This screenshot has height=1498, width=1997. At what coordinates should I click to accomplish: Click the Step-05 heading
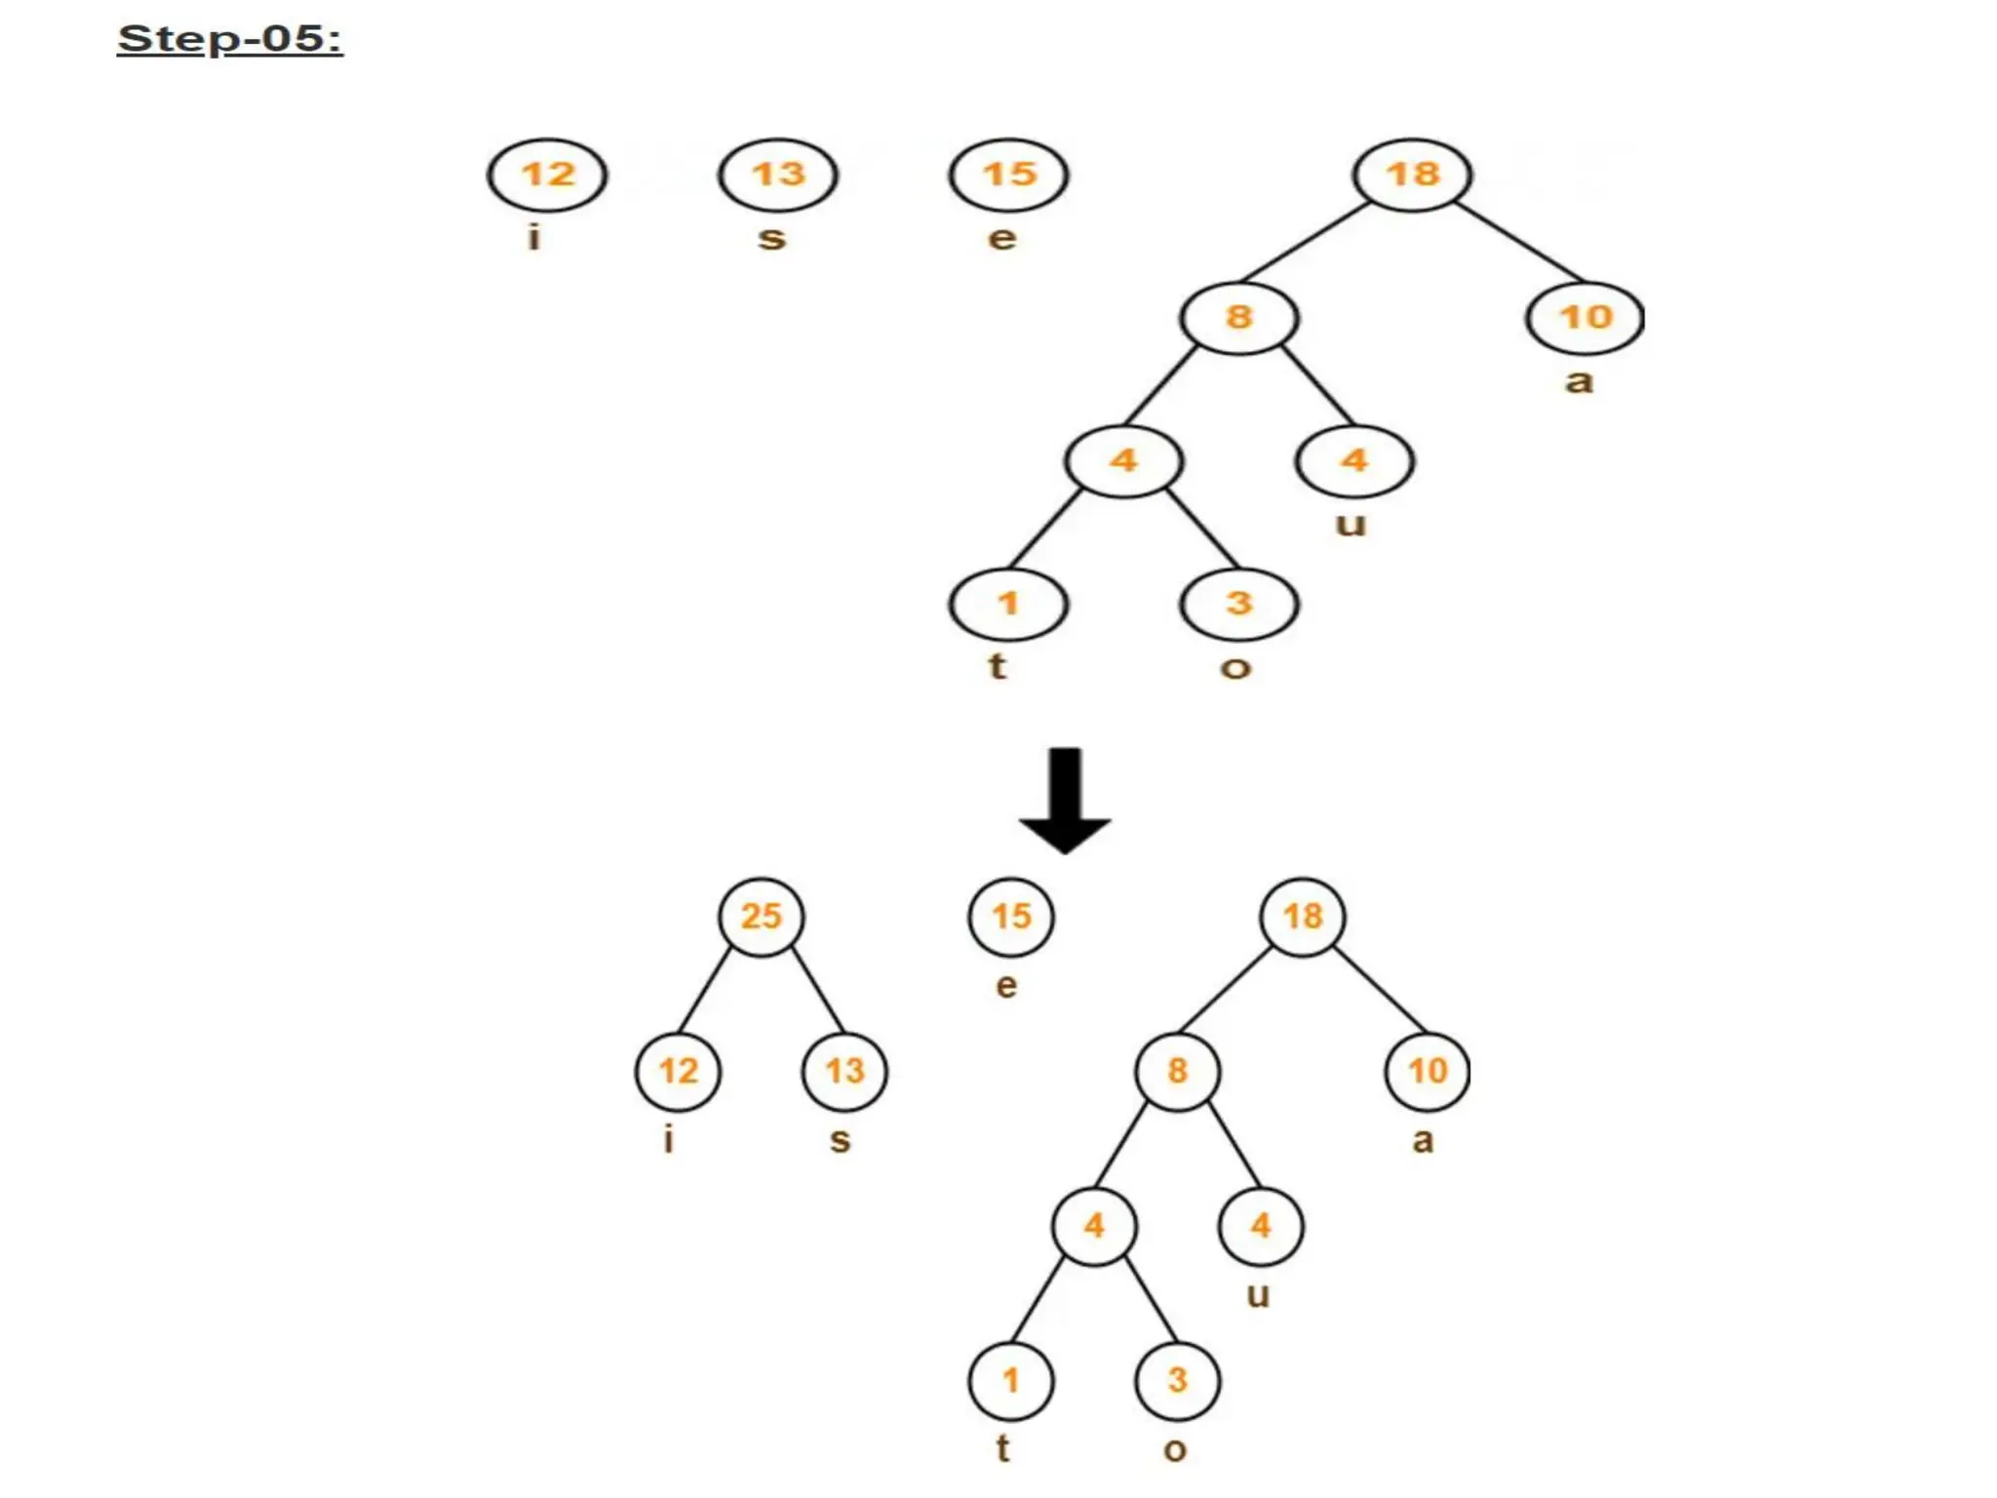tap(230, 39)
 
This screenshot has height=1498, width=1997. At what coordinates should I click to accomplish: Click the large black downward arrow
tap(1065, 800)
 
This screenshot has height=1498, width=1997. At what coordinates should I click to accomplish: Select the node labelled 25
tap(762, 916)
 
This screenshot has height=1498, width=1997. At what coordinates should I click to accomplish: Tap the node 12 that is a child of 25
tap(678, 1071)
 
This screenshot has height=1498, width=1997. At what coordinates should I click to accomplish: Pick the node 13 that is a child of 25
tap(844, 1071)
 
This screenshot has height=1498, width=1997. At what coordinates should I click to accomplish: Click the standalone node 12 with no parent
tap(547, 175)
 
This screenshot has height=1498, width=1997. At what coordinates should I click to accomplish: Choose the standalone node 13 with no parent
tap(778, 175)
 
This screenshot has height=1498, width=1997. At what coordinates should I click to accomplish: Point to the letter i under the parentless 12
tap(533, 237)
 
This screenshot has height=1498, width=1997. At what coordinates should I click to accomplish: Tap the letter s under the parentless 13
tap(771, 238)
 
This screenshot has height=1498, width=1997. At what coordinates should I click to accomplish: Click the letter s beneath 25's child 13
tap(840, 1139)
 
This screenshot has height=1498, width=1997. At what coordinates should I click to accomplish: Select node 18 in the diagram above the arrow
tap(1412, 175)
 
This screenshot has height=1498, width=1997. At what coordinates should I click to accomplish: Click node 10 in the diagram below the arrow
tap(1427, 1071)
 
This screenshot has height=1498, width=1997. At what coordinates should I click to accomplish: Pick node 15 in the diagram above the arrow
tap(1008, 175)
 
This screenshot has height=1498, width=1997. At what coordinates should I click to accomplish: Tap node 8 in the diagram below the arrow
tap(1177, 1071)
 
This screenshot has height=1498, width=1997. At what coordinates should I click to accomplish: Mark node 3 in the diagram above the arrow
tap(1238, 604)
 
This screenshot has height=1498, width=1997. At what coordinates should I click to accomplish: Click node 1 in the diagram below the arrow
tap(1010, 1380)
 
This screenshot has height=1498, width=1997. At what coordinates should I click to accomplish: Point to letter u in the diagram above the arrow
tap(1351, 525)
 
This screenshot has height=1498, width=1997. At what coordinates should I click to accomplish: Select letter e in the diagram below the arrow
tap(1006, 985)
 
